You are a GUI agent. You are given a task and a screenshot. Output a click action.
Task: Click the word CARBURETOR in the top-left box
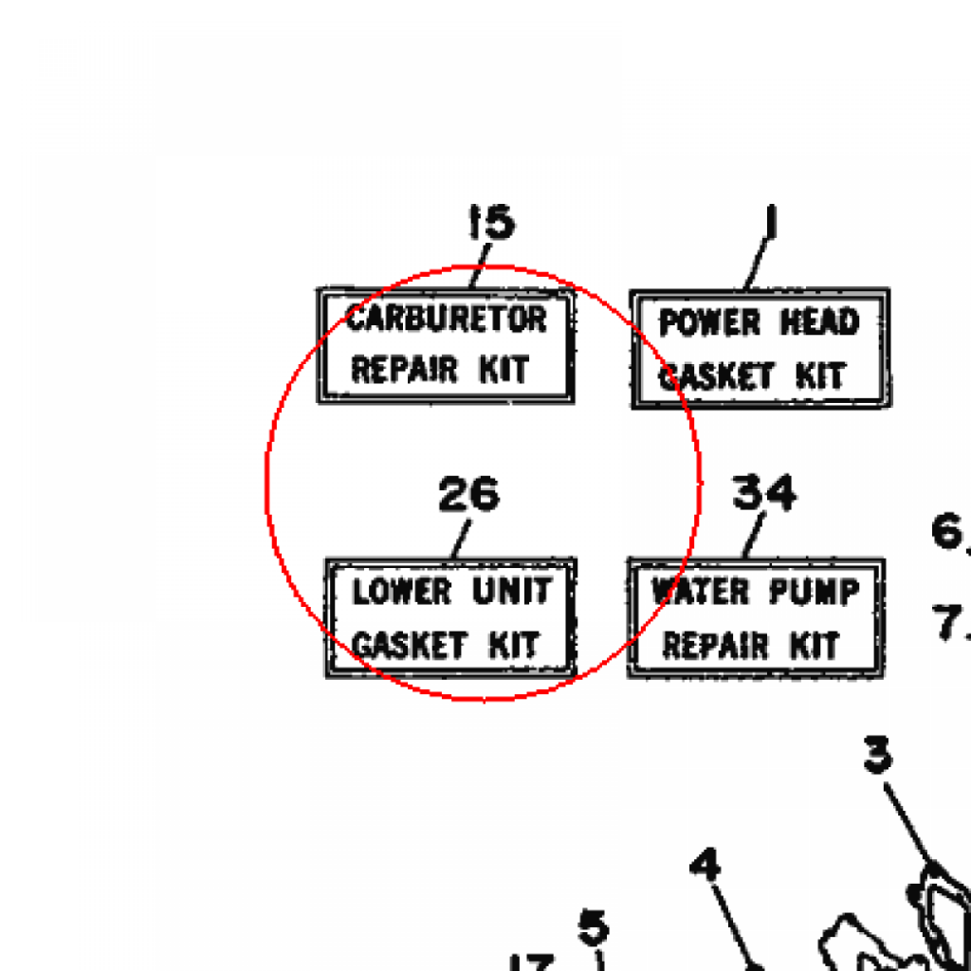point(447,319)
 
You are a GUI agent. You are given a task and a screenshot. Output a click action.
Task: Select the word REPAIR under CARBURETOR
point(404,370)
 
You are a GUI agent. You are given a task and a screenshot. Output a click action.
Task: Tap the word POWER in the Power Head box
point(709,322)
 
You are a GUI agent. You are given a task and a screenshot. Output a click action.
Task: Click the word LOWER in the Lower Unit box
point(402,592)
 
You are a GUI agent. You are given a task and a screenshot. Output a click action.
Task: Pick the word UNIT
point(512,591)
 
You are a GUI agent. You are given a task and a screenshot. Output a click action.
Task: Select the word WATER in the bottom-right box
point(701,592)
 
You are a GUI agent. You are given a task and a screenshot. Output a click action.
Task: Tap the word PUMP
point(815,592)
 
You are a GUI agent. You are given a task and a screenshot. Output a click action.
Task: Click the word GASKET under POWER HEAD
point(717,376)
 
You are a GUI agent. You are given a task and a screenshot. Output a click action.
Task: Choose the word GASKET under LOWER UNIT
point(410,645)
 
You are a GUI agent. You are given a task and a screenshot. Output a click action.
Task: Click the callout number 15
point(491,222)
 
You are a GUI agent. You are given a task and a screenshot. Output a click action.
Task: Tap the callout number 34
point(764,492)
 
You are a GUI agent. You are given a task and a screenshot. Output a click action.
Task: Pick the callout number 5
point(594,927)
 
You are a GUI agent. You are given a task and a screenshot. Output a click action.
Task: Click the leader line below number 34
point(754,535)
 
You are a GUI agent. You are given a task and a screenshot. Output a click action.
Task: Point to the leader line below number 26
point(462,539)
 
